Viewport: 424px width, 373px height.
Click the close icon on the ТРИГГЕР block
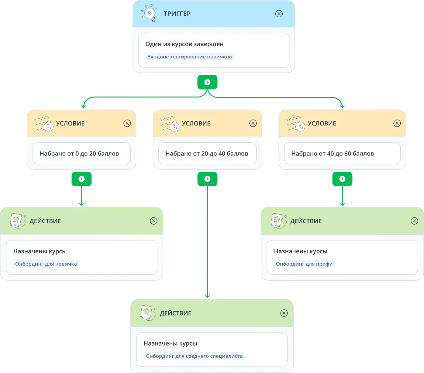279,14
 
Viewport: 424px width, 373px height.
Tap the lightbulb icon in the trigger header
149,13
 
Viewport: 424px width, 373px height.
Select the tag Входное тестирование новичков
189,57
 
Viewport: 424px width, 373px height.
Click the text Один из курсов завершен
184,44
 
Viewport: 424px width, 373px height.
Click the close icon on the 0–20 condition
127,123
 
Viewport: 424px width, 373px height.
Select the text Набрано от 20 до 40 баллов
207,154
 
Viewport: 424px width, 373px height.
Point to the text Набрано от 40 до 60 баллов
333,154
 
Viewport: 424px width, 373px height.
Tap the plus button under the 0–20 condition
82,179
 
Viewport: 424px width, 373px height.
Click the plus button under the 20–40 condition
207,179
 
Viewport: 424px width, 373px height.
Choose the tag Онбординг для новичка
46,264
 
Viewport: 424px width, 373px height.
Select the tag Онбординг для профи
304,264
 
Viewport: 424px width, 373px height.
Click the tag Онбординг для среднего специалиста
194,356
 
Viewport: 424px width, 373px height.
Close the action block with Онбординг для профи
414,221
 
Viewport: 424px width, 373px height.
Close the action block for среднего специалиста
284,313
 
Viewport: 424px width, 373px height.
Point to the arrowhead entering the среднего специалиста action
207,296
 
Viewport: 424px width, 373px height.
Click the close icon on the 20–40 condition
253,123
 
